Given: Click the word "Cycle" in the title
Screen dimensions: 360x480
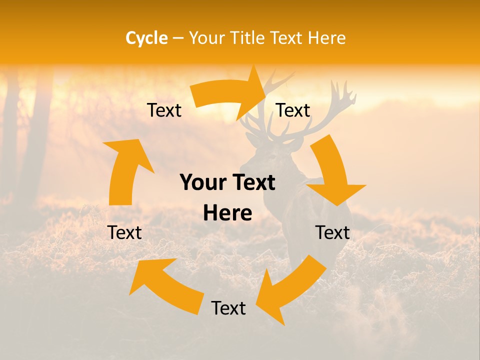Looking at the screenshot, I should (x=146, y=38).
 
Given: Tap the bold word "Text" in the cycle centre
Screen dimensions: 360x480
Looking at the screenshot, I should (x=253, y=183).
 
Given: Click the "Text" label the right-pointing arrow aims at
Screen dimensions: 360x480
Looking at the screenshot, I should (x=293, y=110).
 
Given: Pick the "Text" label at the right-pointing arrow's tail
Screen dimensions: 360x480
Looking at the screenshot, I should (x=164, y=110).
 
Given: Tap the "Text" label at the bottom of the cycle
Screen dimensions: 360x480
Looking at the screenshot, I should (x=228, y=308).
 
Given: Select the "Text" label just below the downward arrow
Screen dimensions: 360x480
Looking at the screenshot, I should (x=332, y=232).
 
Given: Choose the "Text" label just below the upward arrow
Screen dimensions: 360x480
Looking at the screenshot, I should (x=124, y=232).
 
